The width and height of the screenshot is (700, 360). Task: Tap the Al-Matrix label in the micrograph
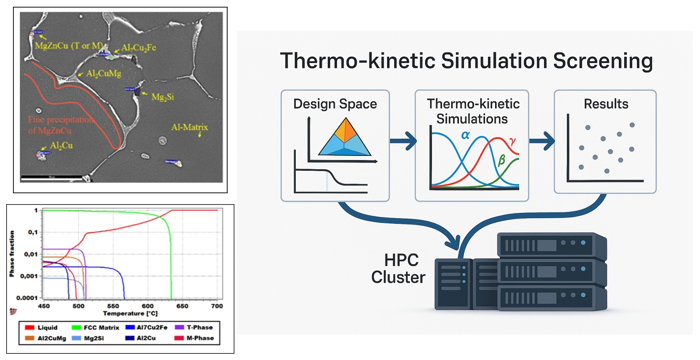pyautogui.click(x=191, y=127)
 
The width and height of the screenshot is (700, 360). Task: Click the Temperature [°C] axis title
pyautogui.click(x=130, y=314)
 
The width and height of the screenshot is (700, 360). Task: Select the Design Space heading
pyautogui.click(x=335, y=103)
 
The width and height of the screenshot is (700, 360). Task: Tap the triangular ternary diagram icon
pyautogui.click(x=344, y=137)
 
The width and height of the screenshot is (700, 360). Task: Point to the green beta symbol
pyautogui.click(x=501, y=161)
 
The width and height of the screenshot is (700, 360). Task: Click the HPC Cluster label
pyautogui.click(x=398, y=269)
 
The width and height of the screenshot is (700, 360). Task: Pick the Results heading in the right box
pyautogui.click(x=606, y=103)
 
